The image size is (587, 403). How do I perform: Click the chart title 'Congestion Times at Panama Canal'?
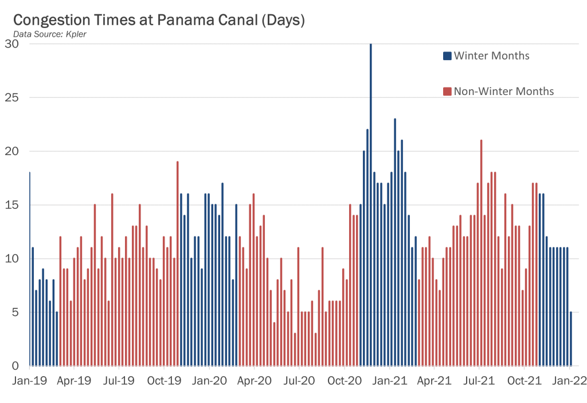[159, 20]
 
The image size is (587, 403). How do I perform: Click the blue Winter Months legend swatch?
[447, 56]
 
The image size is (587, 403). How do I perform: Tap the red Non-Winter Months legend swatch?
[447, 92]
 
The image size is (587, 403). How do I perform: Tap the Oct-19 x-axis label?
[164, 380]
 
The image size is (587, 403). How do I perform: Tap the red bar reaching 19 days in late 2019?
[178, 263]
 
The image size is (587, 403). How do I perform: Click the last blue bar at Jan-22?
[570, 339]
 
